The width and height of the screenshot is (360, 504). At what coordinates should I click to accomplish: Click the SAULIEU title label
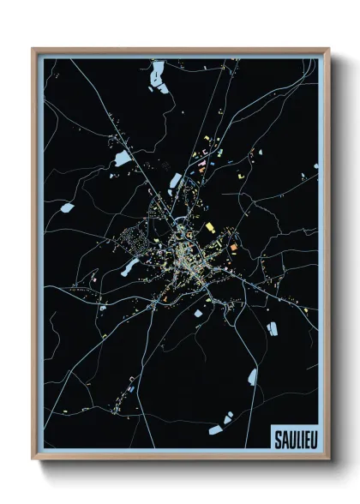point(292,439)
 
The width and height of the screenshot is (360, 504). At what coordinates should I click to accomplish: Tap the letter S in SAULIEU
point(277,439)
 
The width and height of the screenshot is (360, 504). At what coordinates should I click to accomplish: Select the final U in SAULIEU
point(309,439)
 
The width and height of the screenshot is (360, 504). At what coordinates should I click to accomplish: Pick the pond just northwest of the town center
point(177,180)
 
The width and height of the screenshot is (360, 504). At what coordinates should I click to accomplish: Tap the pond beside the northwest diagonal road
point(123,159)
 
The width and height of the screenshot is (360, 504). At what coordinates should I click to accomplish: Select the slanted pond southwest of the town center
point(129,268)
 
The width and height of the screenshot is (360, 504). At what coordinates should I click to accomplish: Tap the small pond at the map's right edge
point(315,164)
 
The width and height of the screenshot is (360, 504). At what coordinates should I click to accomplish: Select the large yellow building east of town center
point(209,227)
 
